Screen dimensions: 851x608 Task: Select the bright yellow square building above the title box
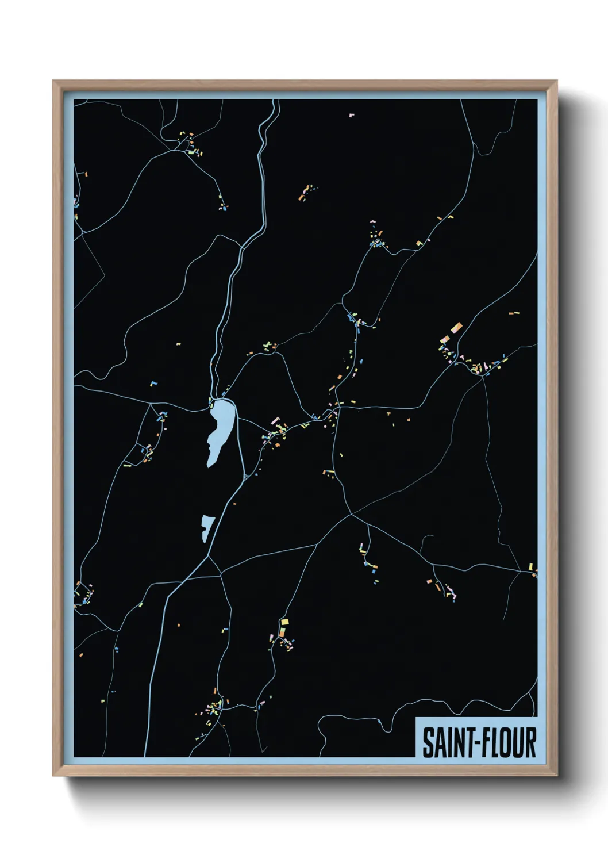[x=284, y=622]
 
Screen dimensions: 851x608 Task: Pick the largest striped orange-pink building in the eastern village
[x=457, y=328]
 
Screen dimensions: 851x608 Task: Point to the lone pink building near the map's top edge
[x=352, y=116]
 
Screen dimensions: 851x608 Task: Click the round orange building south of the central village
[x=276, y=445]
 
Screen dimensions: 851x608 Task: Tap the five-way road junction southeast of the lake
[x=351, y=514]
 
